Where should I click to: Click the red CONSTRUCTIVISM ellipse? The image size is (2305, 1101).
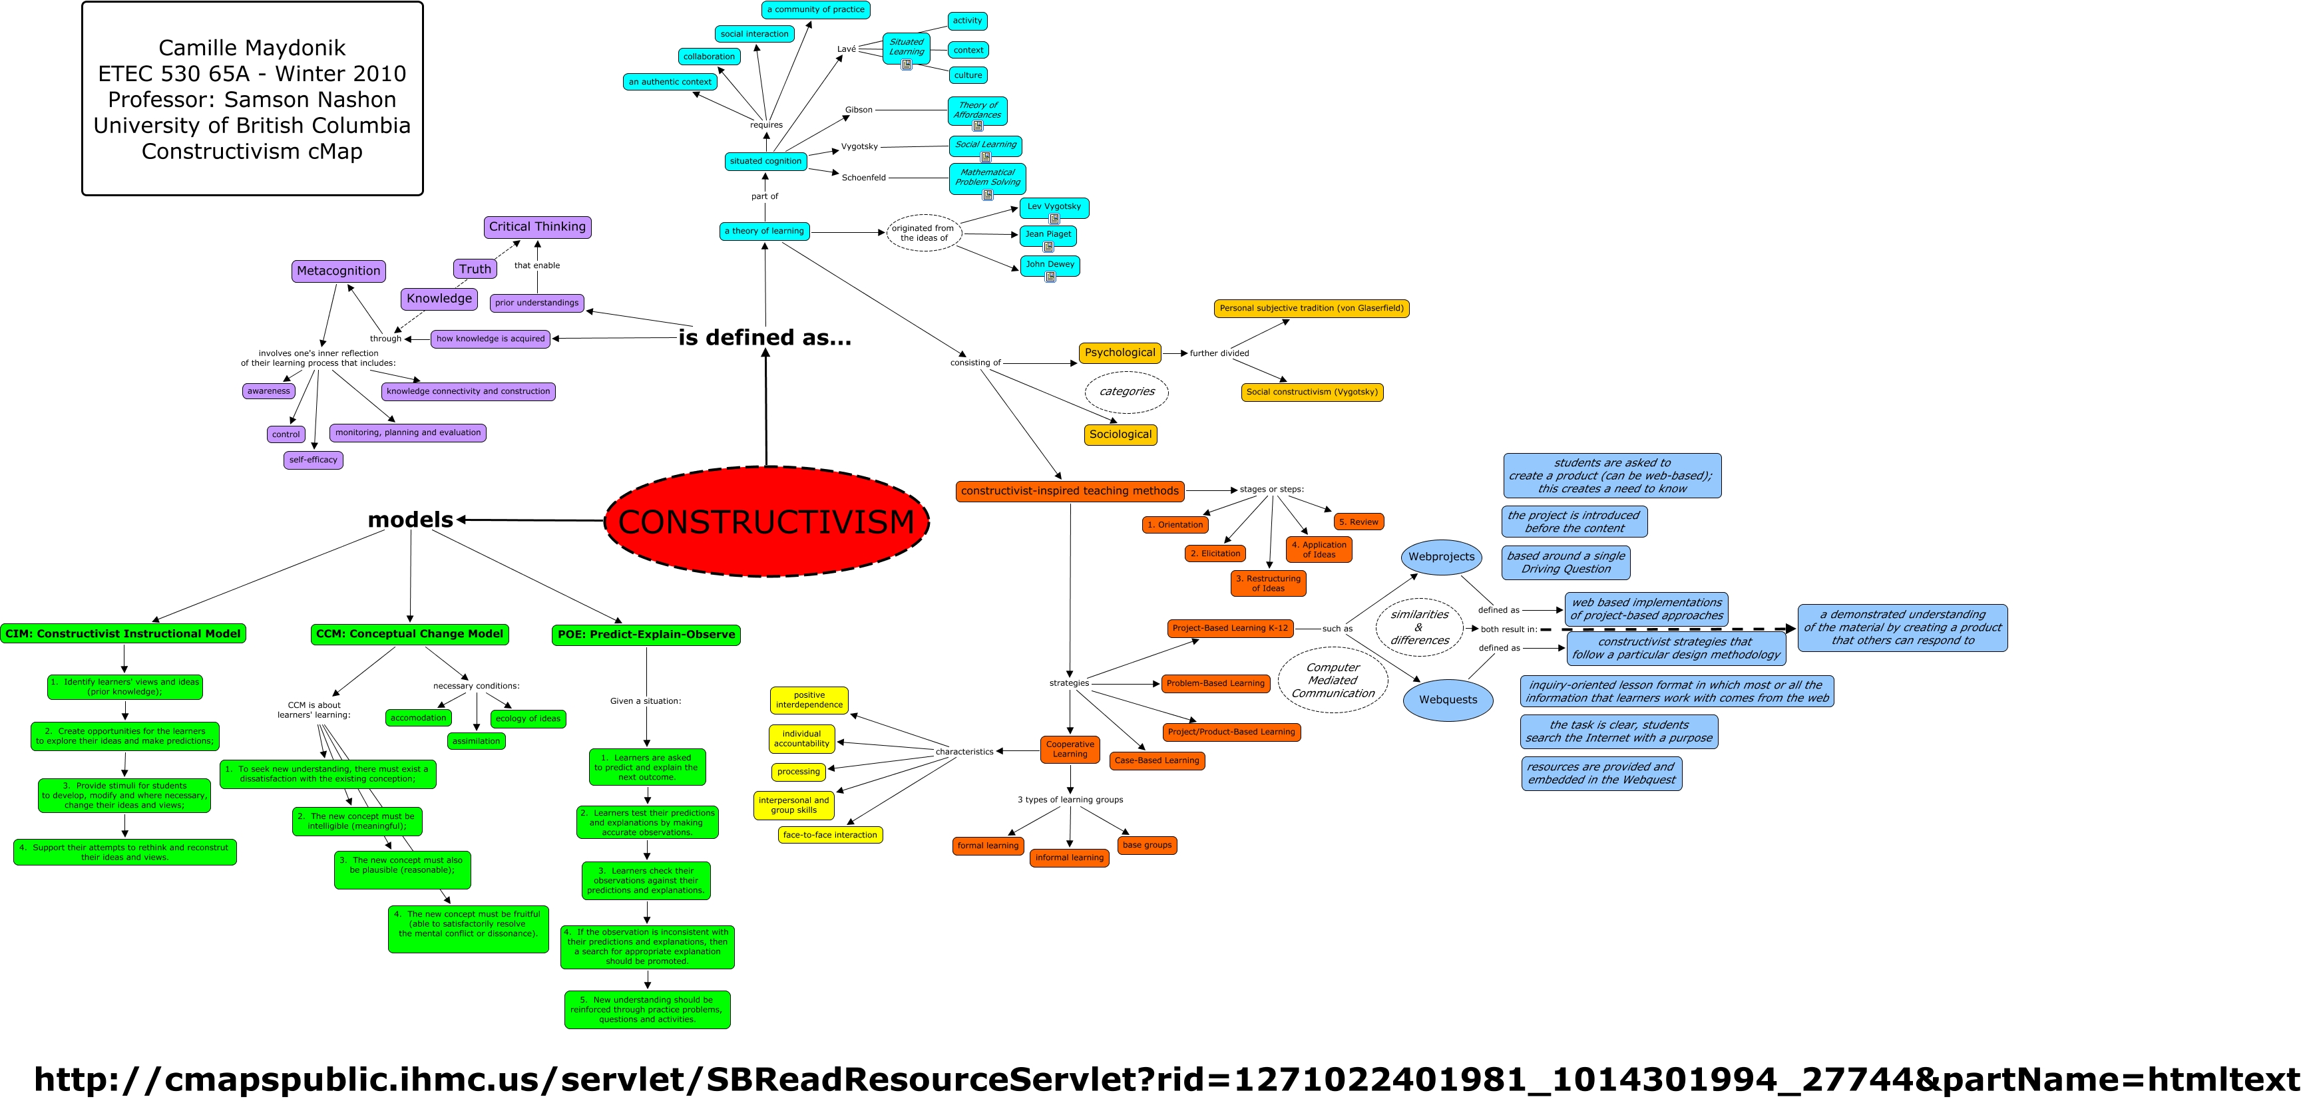(766, 522)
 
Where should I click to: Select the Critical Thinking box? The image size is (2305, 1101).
(537, 227)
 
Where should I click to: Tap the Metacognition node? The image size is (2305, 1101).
(338, 271)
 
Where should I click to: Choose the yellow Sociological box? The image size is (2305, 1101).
(1120, 434)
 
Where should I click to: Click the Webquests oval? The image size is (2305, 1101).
(1447, 699)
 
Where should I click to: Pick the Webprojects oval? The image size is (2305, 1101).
(1440, 556)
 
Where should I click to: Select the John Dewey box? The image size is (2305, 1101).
(1050, 265)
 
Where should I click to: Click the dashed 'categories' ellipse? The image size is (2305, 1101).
(1127, 392)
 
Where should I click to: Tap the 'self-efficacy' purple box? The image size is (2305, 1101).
(314, 460)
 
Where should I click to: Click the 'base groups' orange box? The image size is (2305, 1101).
(1146, 845)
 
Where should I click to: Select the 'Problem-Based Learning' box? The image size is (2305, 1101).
(1215, 683)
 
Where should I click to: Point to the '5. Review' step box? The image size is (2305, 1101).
(1359, 522)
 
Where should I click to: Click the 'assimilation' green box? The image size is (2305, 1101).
(476, 742)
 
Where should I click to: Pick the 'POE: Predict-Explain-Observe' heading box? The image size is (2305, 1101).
(646, 635)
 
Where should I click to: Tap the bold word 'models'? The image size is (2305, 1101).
(410, 520)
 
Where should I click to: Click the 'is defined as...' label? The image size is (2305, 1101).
(764, 337)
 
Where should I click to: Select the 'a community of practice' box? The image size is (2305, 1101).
(815, 10)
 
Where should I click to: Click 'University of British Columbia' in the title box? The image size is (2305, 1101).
(252, 125)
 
